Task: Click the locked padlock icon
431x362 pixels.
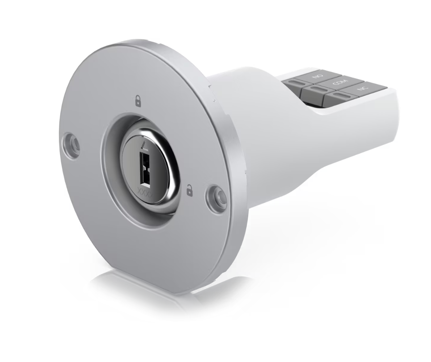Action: click(138, 101)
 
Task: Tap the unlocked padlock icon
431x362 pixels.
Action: click(189, 191)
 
